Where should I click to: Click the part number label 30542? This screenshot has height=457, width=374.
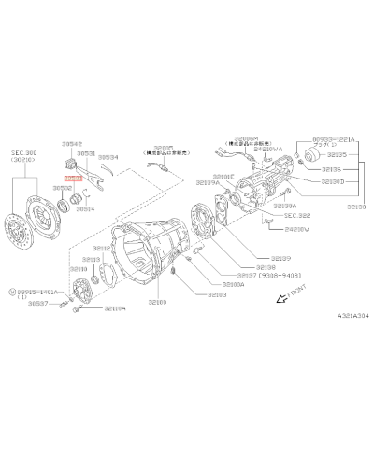(73, 145)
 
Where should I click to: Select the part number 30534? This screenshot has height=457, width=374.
(109, 158)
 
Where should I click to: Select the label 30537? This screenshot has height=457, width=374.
(37, 304)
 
